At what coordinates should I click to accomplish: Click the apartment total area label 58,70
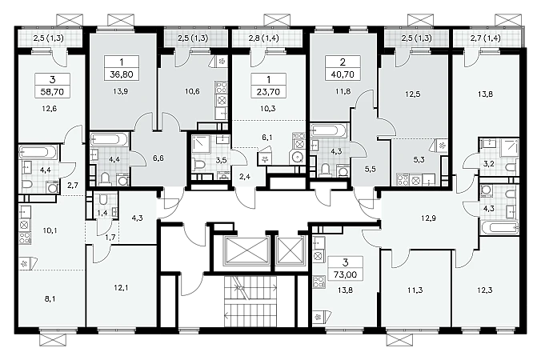pos(53,92)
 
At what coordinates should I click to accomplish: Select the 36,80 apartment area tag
pos(122,74)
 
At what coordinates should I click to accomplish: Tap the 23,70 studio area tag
pos(268,92)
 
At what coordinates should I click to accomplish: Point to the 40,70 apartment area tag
pos(343,74)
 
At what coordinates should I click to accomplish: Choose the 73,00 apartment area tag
pos(346,275)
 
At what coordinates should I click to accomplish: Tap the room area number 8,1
pos(50,299)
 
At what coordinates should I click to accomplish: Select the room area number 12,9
pos(428,218)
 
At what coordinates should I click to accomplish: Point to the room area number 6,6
pos(158,158)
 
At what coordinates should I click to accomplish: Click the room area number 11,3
pos(415,290)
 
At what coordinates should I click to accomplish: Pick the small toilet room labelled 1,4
pos(102,206)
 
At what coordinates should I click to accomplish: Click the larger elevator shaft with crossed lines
pos(246,250)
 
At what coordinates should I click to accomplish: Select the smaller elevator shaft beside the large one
pos(291,250)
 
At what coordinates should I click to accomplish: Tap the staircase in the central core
pos(250,301)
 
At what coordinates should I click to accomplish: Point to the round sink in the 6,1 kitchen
pos(297,158)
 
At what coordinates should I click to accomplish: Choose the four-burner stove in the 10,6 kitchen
pos(222,87)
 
